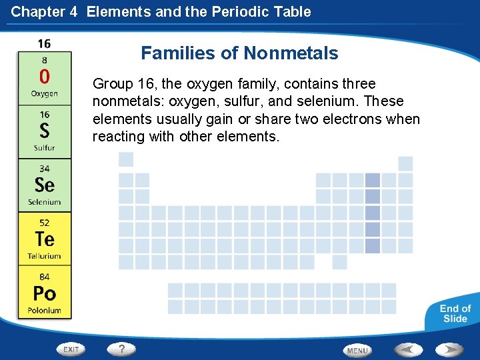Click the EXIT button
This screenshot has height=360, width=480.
pos(71,349)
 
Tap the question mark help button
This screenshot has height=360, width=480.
pos(122,349)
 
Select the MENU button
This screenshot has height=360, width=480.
pos(357,350)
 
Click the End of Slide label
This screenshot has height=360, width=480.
pos(455,313)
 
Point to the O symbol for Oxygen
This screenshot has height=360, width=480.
pos(44,76)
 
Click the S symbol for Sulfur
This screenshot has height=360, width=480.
pos(44,131)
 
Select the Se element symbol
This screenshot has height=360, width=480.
pos(44,185)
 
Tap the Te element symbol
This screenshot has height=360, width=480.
pos(44,239)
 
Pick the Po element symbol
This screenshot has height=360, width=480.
pos(44,293)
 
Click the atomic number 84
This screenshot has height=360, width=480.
pos(44,276)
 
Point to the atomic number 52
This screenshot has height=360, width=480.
pos(44,222)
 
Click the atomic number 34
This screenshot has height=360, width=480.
pos(44,169)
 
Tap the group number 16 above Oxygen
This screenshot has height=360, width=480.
pos(44,44)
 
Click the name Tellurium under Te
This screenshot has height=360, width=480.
pos(44,256)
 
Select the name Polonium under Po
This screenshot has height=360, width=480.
pos(44,310)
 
